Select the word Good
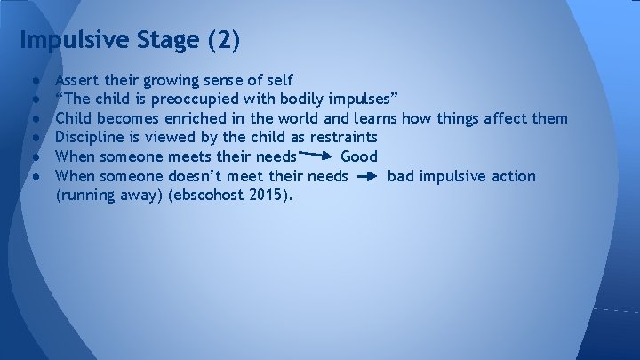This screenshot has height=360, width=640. (x=359, y=157)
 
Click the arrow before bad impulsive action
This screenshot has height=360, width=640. (x=368, y=177)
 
